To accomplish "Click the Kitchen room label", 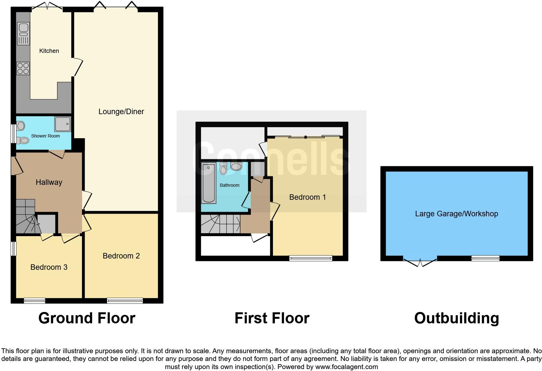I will coord(49,51).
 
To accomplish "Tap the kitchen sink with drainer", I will coord(23,34).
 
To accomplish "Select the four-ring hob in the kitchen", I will coord(23,68).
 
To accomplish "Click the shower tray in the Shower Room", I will coord(63,124).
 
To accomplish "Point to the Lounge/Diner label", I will coord(121,112).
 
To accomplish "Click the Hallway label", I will coord(49,182).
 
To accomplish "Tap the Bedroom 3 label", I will coord(49,267).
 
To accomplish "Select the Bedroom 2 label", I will coord(121,256).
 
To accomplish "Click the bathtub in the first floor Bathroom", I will coord(209,183).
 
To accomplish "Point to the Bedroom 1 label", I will coord(307,197).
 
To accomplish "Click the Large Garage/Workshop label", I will coord(456,214).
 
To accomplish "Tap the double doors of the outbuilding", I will coord(420,261).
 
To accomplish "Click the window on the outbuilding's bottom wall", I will coord(485,258).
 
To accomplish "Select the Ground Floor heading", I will coord(87,318).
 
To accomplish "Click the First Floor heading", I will coord(272,318).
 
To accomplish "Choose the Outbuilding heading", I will coord(456,318).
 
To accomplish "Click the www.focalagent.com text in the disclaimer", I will coord(347,367).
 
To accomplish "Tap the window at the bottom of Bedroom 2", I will coord(125,301).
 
